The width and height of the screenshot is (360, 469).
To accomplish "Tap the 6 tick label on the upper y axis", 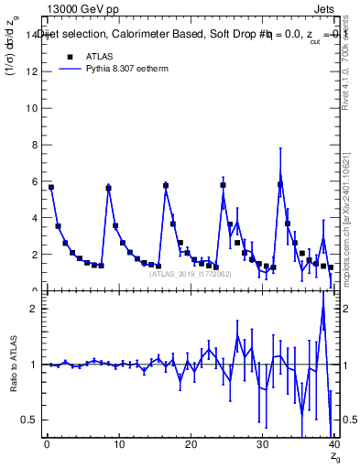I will [32, 181].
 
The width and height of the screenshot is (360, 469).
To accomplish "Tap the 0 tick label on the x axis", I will [46, 444].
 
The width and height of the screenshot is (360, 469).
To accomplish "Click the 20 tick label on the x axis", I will [190, 444].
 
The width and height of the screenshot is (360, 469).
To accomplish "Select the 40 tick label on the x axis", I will [333, 444].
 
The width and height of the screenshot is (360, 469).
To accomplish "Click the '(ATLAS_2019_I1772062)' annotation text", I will [190, 274].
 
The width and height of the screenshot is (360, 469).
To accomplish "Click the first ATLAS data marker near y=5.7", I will [51, 187].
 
